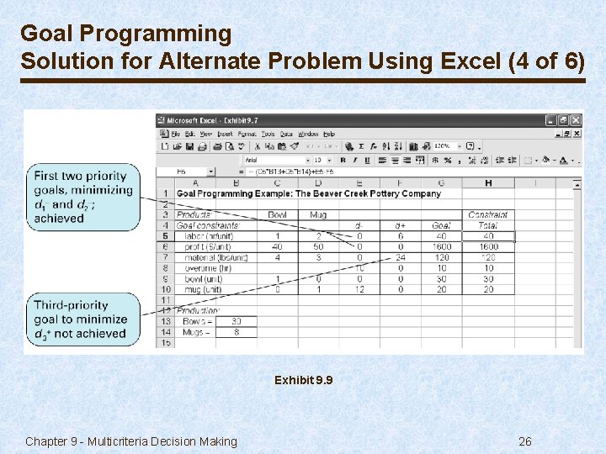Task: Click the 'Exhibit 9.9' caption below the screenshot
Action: click(303, 381)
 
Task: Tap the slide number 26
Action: click(524, 441)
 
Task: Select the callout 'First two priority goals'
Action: click(82, 197)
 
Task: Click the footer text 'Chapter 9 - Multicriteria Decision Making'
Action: click(131, 441)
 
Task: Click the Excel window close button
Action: click(576, 120)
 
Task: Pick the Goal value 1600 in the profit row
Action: click(441, 247)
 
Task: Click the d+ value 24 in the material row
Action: click(400, 258)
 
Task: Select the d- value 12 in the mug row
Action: click(359, 290)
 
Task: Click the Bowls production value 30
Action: click(236, 321)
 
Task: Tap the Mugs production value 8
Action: click(236, 332)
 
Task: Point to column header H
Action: click(488, 182)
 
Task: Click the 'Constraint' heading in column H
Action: click(488, 214)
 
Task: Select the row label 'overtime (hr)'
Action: click(204, 268)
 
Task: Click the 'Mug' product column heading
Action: click(318, 214)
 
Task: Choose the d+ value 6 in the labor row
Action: click(400, 236)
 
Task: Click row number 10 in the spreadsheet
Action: click(166, 290)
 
